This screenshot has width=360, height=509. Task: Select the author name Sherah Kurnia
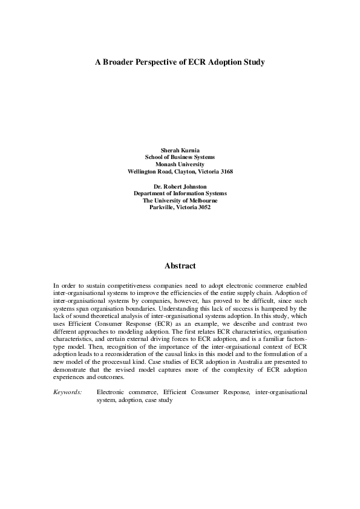coord(180,149)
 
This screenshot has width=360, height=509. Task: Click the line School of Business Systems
coord(180,157)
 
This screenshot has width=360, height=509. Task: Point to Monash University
coord(180,164)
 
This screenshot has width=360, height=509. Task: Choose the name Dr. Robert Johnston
coord(180,186)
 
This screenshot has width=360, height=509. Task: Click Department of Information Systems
coord(180,193)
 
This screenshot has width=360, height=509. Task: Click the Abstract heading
coord(180,265)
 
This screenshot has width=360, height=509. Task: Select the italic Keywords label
coord(67,392)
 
